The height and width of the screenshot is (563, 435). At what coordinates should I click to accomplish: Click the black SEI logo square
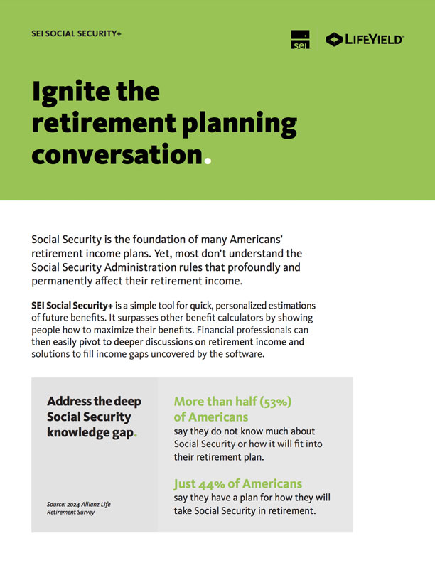click(301, 40)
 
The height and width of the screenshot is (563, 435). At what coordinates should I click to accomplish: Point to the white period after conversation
click(208, 160)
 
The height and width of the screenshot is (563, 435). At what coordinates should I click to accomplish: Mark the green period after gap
click(136, 434)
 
